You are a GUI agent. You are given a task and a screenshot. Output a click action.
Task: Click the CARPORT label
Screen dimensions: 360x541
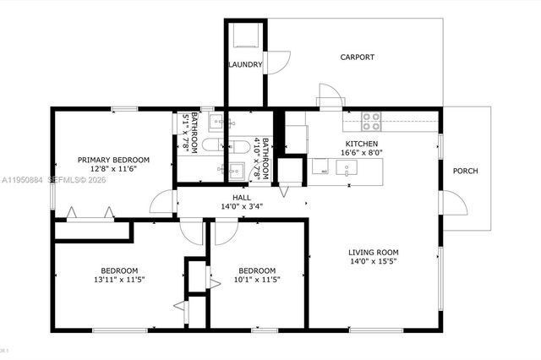(358, 57)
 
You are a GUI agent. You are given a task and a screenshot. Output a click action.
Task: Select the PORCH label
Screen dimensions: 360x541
(465, 171)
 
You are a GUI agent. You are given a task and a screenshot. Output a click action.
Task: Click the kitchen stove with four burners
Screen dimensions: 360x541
(372, 118)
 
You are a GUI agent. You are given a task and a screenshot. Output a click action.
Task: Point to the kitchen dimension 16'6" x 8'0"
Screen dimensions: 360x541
(362, 153)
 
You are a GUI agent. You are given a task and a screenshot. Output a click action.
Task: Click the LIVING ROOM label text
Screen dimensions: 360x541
(374, 252)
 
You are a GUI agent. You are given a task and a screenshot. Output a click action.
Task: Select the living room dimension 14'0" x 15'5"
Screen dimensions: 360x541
(374, 262)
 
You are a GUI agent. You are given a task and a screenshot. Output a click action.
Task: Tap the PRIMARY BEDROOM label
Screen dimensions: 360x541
(113, 160)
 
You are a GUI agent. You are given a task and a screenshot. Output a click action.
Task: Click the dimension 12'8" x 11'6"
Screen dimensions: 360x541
(113, 169)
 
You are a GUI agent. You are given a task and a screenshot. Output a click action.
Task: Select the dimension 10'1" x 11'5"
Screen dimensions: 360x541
(256, 280)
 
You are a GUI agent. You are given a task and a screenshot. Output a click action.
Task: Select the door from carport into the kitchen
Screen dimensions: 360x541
(331, 95)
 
